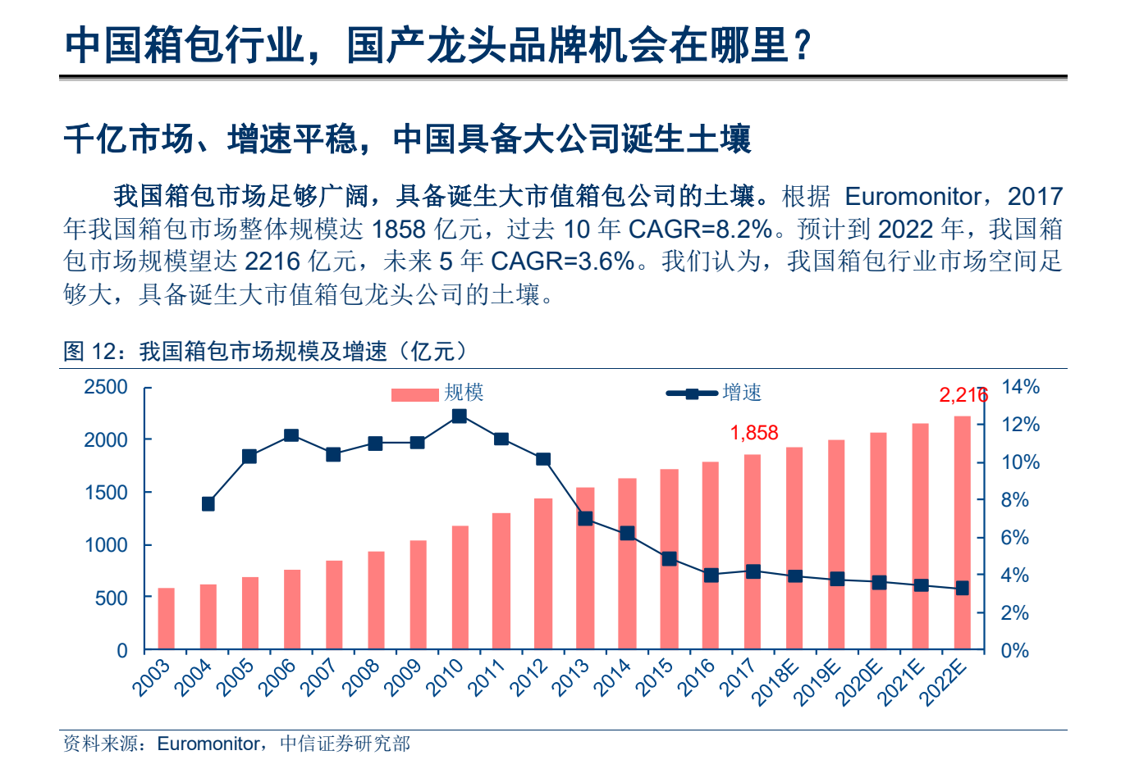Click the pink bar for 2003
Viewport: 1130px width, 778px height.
click(167, 619)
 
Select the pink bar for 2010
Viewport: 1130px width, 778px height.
click(460, 588)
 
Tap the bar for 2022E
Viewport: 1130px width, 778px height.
click(962, 533)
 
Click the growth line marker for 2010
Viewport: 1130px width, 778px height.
click(460, 416)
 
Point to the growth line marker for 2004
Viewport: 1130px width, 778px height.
click(208, 504)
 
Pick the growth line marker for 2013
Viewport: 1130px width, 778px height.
click(585, 518)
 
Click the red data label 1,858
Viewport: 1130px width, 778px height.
click(753, 433)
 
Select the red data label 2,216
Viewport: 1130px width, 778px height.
click(963, 395)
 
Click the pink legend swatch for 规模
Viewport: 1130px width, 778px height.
click(414, 394)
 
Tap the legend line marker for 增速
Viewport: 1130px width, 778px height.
click(692, 394)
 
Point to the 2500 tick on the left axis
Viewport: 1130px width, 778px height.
click(106, 387)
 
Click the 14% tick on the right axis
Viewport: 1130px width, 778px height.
click(1020, 387)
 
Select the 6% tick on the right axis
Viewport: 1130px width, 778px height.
click(1014, 538)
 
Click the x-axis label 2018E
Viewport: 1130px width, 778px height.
click(776, 682)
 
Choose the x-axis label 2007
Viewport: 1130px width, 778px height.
click(320, 678)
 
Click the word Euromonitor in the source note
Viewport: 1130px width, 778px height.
click(208, 744)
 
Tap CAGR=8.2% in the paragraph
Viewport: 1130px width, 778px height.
click(701, 229)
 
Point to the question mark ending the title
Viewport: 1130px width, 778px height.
click(803, 45)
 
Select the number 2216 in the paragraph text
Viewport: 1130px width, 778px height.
click(272, 261)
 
